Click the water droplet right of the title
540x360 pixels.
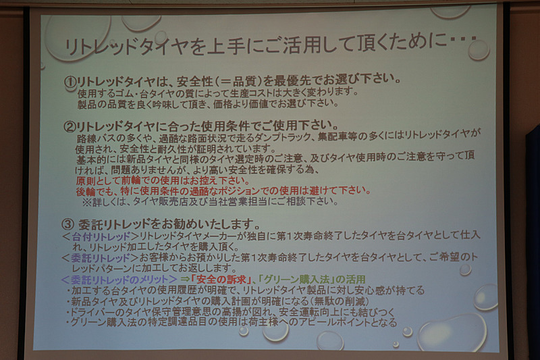click(478, 49)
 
